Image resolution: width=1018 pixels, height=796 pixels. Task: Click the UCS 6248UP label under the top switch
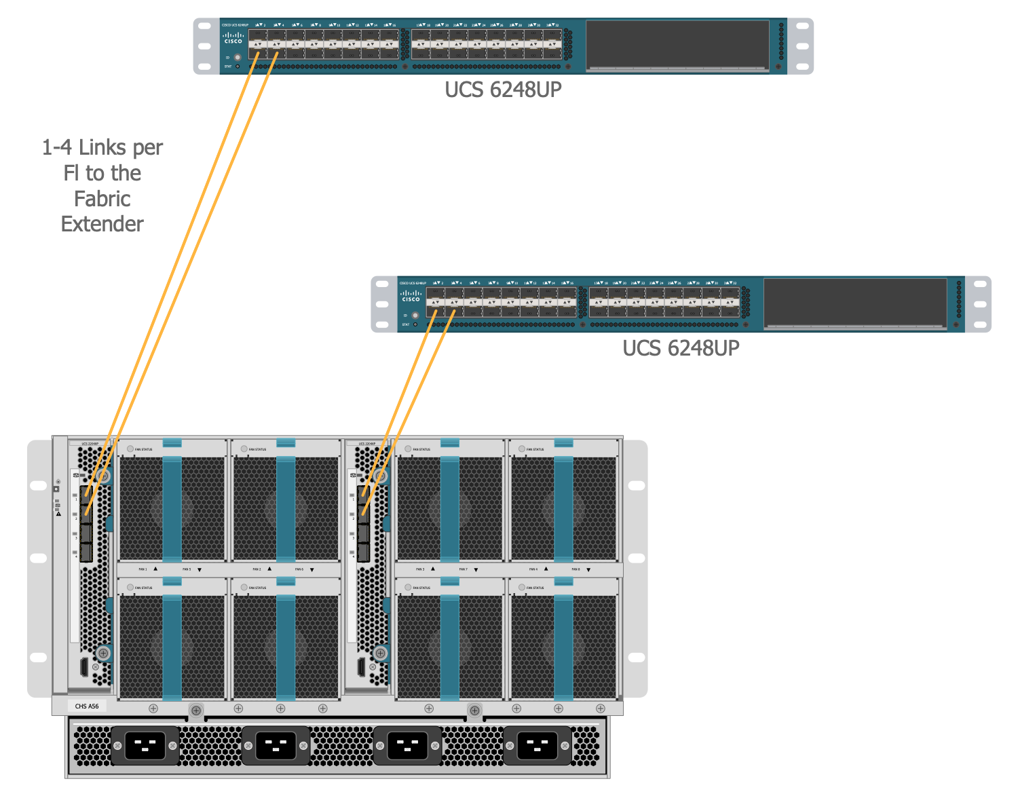[503, 90]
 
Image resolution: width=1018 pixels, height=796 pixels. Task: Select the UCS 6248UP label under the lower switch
[681, 348]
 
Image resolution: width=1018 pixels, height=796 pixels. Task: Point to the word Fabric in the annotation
[102, 199]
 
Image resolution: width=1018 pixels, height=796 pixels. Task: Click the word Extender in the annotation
[102, 224]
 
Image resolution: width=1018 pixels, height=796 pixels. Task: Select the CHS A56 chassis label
[87, 706]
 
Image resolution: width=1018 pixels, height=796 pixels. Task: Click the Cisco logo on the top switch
[233, 38]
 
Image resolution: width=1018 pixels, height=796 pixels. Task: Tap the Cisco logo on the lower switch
[411, 296]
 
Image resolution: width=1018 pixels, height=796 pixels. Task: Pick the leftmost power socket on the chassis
[145, 745]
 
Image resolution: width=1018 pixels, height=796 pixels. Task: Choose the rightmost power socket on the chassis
[537, 745]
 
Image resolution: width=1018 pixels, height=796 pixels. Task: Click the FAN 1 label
[143, 569]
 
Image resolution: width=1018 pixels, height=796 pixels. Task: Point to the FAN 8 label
[576, 569]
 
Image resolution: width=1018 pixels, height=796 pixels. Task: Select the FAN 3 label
[420, 569]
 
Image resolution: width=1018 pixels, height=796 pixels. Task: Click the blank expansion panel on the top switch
[677, 45]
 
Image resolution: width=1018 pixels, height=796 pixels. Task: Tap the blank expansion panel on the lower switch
[855, 303]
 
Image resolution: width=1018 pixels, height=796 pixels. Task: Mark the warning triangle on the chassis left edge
[58, 514]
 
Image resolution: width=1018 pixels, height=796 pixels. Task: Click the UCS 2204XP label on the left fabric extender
[90, 444]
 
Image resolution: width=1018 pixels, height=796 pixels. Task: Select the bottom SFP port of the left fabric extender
[86, 552]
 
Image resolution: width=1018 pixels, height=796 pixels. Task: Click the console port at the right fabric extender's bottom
[361, 666]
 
